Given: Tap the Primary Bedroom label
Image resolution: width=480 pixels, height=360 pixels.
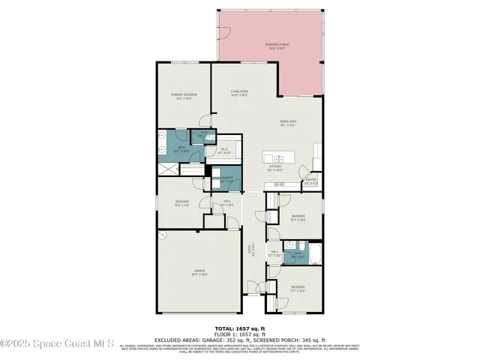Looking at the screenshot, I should (184, 96).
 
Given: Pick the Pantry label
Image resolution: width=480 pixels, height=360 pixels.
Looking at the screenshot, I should (311, 181).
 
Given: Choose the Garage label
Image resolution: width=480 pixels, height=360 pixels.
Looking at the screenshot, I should (199, 272).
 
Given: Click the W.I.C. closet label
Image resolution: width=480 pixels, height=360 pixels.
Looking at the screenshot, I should (224, 151).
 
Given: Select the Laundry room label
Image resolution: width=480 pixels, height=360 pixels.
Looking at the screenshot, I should (226, 179).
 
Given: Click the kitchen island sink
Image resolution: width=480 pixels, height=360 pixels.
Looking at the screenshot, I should (277, 159).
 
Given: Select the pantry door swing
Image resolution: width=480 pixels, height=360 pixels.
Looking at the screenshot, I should (304, 175).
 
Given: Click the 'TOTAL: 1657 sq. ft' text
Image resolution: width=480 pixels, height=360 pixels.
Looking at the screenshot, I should (240, 328).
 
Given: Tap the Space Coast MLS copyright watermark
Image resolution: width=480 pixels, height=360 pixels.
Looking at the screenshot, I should (57, 344).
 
